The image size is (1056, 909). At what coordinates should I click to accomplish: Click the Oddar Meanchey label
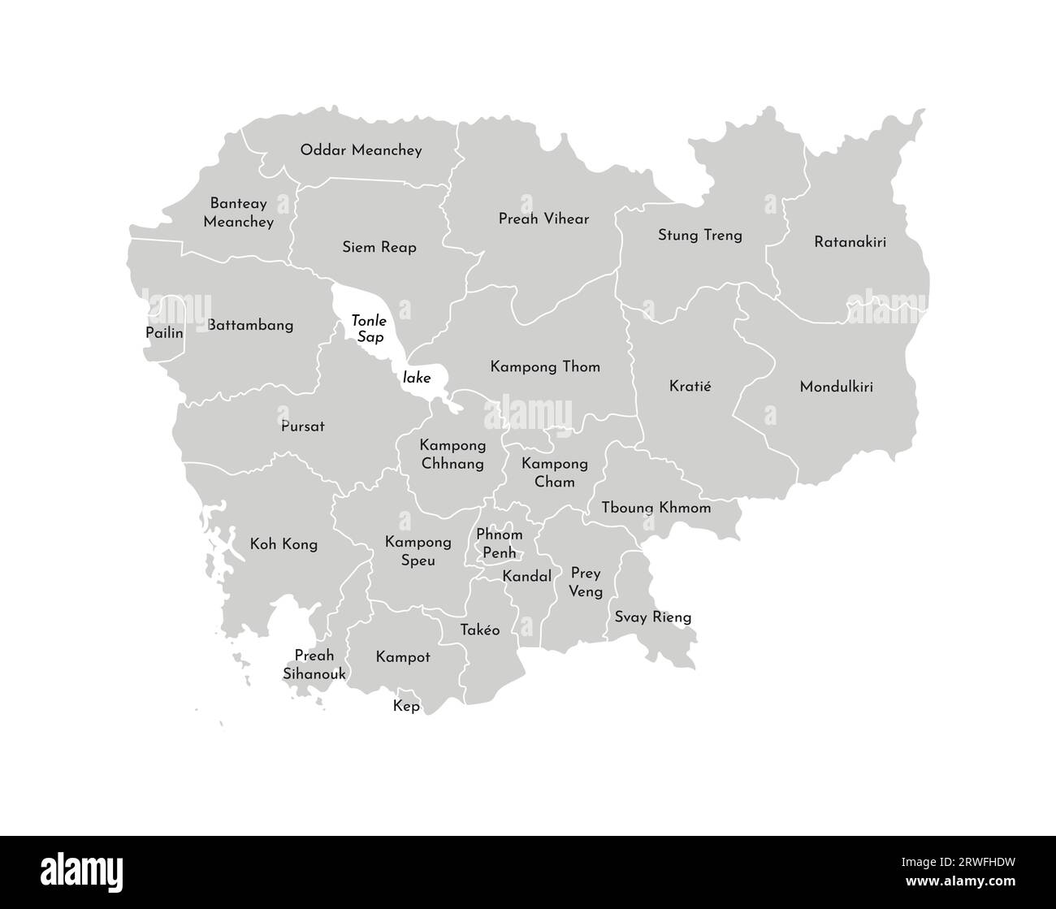coord(361,150)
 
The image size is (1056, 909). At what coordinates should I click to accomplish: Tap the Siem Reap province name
coord(379,247)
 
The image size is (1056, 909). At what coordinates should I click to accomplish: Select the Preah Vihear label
coord(543,219)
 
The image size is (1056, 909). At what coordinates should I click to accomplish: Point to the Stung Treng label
coord(699,236)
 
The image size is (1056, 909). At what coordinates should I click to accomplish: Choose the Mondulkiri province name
coord(836,387)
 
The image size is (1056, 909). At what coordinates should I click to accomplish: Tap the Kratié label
coord(690,386)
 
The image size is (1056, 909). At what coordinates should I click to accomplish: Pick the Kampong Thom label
coord(545,367)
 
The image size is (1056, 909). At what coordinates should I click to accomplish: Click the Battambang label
coord(250,325)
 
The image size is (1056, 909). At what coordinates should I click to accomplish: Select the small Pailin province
coord(164,332)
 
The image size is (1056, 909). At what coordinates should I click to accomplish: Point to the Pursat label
coord(302,426)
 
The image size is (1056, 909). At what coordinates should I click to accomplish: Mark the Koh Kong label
coord(283,544)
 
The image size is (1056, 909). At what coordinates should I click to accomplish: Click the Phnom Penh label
coord(499,544)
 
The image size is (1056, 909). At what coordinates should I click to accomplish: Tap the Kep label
coord(406,706)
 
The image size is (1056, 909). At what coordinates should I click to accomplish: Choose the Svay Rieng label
coord(653,617)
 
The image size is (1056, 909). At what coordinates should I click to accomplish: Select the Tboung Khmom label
coord(656,508)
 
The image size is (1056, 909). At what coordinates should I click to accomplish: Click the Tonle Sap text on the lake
coord(369,329)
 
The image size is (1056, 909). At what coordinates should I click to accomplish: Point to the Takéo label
coord(479,630)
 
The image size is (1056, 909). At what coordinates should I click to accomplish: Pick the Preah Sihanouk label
coord(314,665)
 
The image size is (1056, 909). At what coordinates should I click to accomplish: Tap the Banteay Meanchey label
coord(238,213)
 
